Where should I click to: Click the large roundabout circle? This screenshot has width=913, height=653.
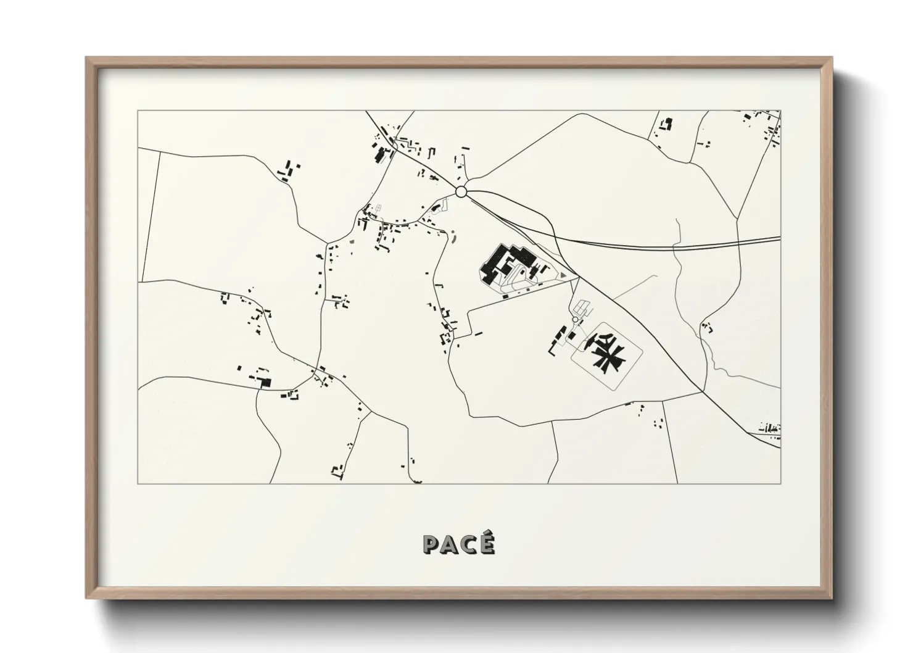click(461, 192)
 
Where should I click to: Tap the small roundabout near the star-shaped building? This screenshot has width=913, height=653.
click(575, 319)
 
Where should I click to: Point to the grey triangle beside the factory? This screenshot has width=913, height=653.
click(563, 275)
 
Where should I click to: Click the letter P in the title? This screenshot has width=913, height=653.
click(431, 544)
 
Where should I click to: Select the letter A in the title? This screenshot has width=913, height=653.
click(449, 544)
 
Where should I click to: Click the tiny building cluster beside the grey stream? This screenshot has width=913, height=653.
click(707, 327)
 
